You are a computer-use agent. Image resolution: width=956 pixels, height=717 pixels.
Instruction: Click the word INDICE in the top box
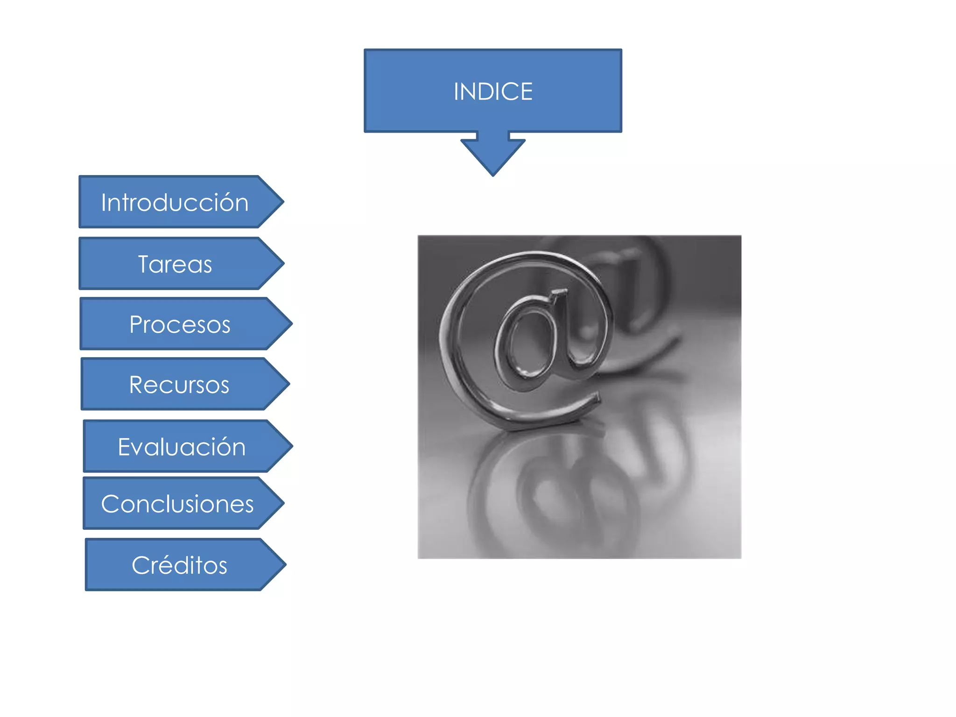pos(493,91)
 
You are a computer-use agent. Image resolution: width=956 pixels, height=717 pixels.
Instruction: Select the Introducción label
pos(175,203)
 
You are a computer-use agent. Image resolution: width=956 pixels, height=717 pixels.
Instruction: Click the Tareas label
pos(175,264)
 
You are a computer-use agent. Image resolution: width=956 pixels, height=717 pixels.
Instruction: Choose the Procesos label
pos(180,324)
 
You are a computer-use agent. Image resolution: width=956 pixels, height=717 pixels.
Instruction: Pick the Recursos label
pos(179,385)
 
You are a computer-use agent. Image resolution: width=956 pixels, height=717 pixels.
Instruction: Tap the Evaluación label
pos(182,447)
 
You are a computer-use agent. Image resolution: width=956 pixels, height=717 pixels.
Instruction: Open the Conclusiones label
pos(177,504)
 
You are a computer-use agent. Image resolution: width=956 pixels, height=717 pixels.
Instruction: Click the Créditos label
pos(179,565)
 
